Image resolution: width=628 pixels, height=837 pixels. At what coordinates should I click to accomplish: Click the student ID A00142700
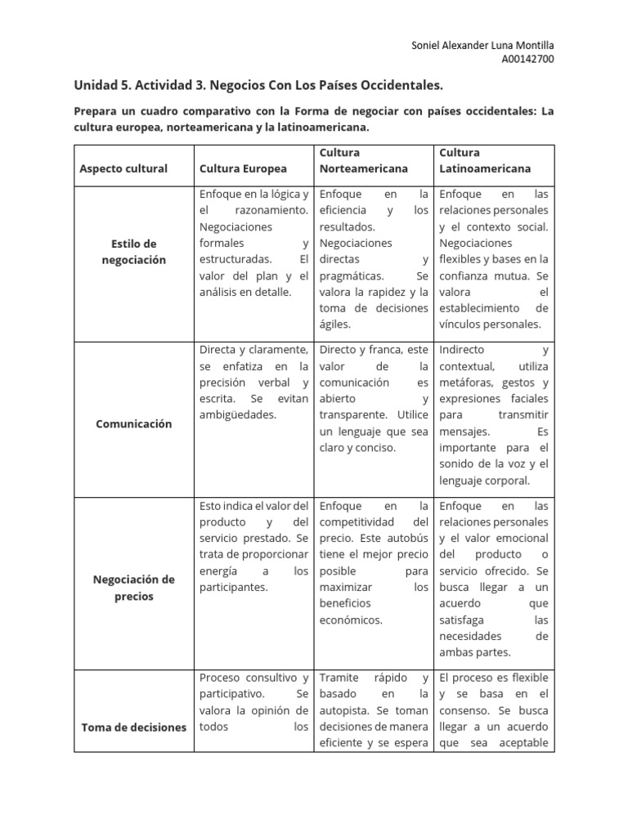(x=527, y=59)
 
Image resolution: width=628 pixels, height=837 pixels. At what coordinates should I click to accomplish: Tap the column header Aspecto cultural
(x=123, y=168)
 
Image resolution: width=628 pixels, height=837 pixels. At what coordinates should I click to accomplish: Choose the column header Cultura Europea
(x=243, y=168)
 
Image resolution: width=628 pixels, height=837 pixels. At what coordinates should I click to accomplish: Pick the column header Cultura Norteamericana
(x=363, y=160)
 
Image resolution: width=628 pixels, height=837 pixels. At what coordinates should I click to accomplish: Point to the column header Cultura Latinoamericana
(x=485, y=160)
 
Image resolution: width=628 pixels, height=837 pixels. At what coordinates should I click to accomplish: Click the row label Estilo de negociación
(x=133, y=252)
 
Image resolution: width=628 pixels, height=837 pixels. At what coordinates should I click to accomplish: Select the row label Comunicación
(x=133, y=423)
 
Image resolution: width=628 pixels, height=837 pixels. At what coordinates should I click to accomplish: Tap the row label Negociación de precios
(x=133, y=588)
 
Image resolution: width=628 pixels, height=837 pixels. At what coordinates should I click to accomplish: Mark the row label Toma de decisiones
(x=133, y=727)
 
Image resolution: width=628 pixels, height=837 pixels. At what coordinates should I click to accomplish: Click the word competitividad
(x=357, y=521)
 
